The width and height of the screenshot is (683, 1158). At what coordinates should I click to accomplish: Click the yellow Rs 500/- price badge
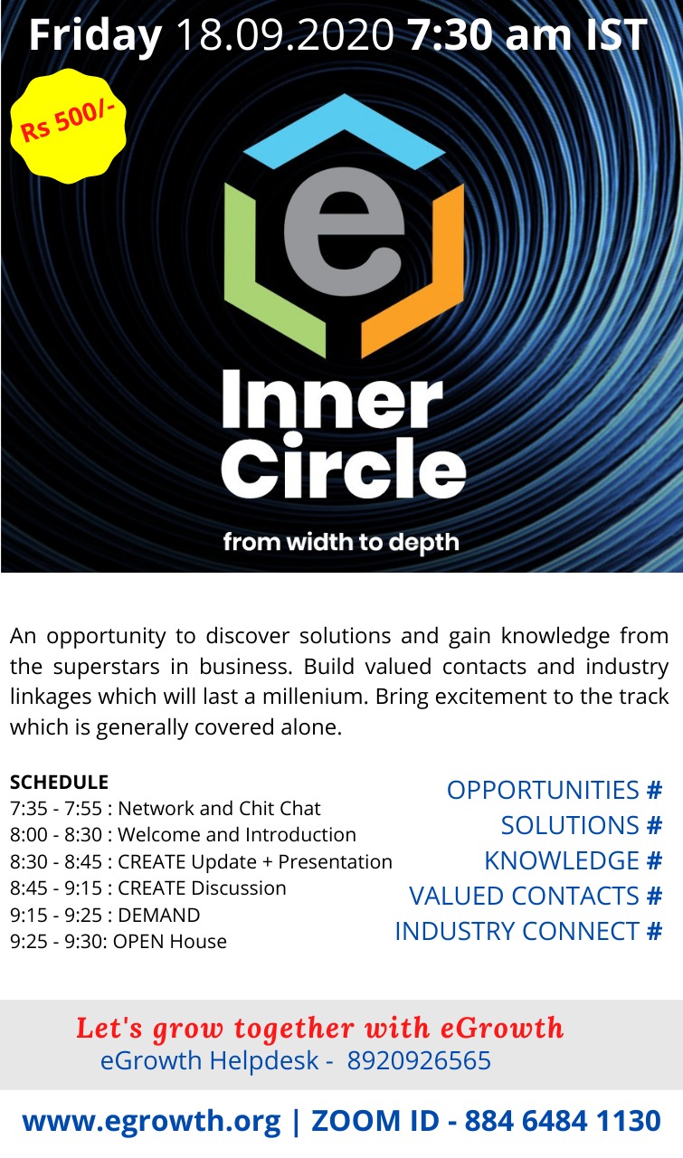[x=68, y=126]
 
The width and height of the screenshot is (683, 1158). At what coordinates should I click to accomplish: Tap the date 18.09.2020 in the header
[x=285, y=34]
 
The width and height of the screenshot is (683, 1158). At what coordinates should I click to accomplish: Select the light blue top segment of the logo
[x=344, y=131]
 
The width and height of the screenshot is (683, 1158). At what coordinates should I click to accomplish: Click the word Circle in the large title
[x=344, y=467]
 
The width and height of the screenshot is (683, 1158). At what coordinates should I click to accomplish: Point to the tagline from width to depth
[x=341, y=542]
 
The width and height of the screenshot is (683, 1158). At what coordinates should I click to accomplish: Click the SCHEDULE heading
[x=59, y=782]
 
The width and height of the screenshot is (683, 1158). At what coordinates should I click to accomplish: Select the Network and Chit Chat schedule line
[x=166, y=808]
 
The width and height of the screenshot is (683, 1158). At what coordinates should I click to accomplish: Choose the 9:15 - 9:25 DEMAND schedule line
[x=105, y=915]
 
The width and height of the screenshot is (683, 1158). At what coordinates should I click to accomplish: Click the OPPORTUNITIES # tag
[x=555, y=790]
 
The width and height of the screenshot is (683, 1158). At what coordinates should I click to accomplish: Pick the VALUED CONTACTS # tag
[x=536, y=896]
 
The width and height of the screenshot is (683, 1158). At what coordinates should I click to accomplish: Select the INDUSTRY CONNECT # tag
[x=528, y=931]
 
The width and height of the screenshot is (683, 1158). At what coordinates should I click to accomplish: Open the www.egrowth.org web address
[x=151, y=1122]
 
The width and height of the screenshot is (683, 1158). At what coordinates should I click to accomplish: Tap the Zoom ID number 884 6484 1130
[x=563, y=1120]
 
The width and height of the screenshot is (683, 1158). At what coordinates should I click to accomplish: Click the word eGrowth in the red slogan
[x=501, y=1028]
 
